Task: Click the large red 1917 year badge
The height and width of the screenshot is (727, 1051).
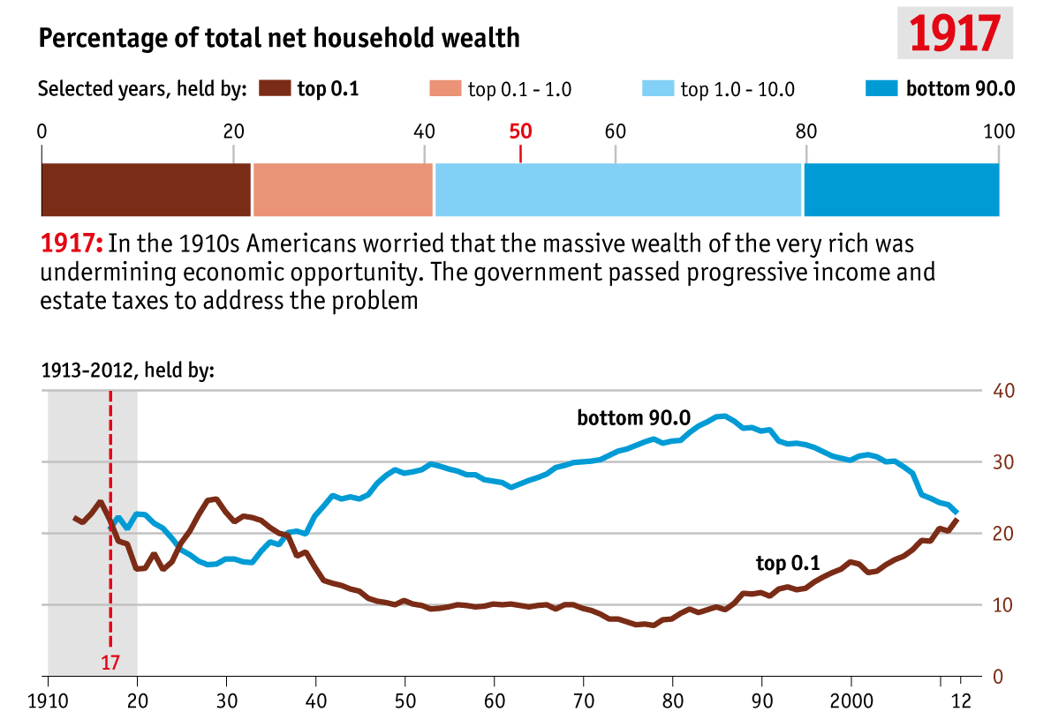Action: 955,33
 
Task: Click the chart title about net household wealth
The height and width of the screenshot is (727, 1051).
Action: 279,38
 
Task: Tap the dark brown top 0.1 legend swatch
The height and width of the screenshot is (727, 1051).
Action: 275,88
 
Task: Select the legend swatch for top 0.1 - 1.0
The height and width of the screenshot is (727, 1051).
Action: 444,88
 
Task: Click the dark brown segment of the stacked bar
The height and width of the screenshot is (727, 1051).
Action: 147,189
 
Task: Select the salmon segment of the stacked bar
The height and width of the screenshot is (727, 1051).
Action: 343,189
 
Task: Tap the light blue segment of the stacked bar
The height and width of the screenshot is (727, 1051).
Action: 618,189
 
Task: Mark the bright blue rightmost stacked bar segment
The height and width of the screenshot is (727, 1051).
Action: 901,189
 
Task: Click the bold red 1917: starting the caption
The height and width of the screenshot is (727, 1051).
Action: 72,244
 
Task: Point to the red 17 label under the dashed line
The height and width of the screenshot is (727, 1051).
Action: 110,662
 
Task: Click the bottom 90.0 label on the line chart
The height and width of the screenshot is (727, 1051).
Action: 632,417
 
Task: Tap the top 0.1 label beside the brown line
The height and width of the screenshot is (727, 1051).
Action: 788,563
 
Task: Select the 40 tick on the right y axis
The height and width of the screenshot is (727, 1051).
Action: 1003,390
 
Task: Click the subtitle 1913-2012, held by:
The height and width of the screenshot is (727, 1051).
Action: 128,371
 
